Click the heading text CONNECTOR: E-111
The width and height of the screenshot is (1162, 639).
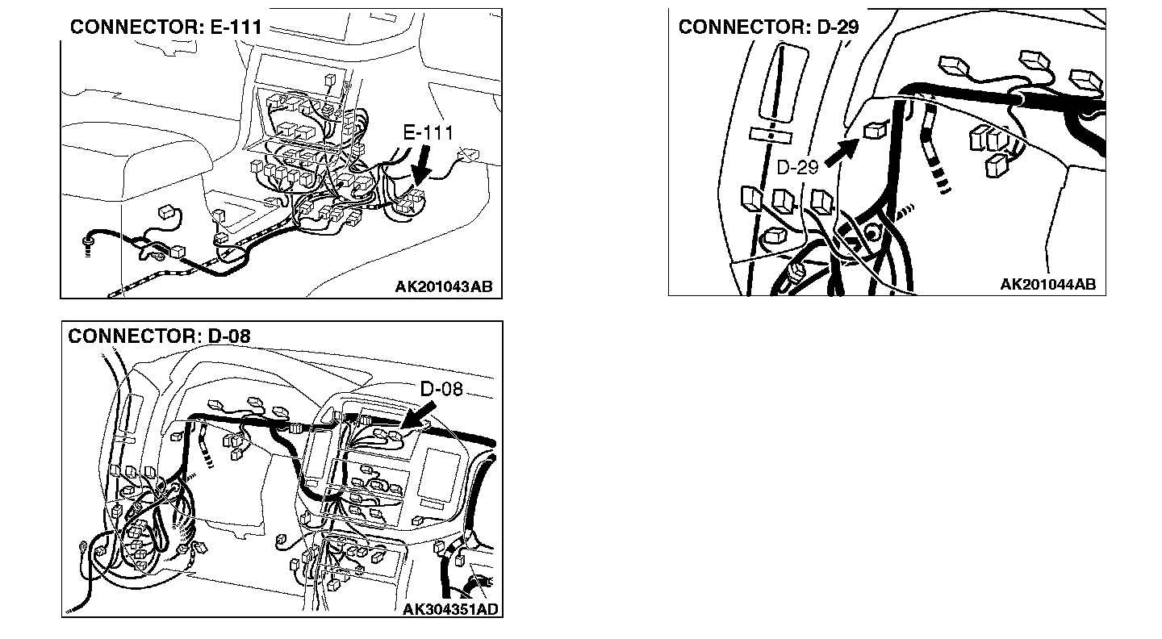pos(166,27)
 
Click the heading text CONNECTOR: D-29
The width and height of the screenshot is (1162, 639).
pos(768,27)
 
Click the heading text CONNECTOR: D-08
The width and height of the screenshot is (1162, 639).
pos(159,336)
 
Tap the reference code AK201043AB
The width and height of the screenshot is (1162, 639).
pos(444,286)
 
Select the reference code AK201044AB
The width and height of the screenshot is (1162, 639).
pos(1048,284)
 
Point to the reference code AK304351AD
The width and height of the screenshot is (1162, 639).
pos(450,609)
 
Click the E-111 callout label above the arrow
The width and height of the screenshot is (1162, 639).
pos(428,133)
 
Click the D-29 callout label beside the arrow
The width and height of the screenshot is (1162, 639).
pos(797,167)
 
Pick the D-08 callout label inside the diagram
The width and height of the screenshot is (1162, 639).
pos(441,389)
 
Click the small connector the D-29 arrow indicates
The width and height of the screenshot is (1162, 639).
pos(876,130)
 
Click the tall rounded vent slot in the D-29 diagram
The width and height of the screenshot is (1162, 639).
pos(782,84)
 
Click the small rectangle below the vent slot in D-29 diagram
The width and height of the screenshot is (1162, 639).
pos(771,136)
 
